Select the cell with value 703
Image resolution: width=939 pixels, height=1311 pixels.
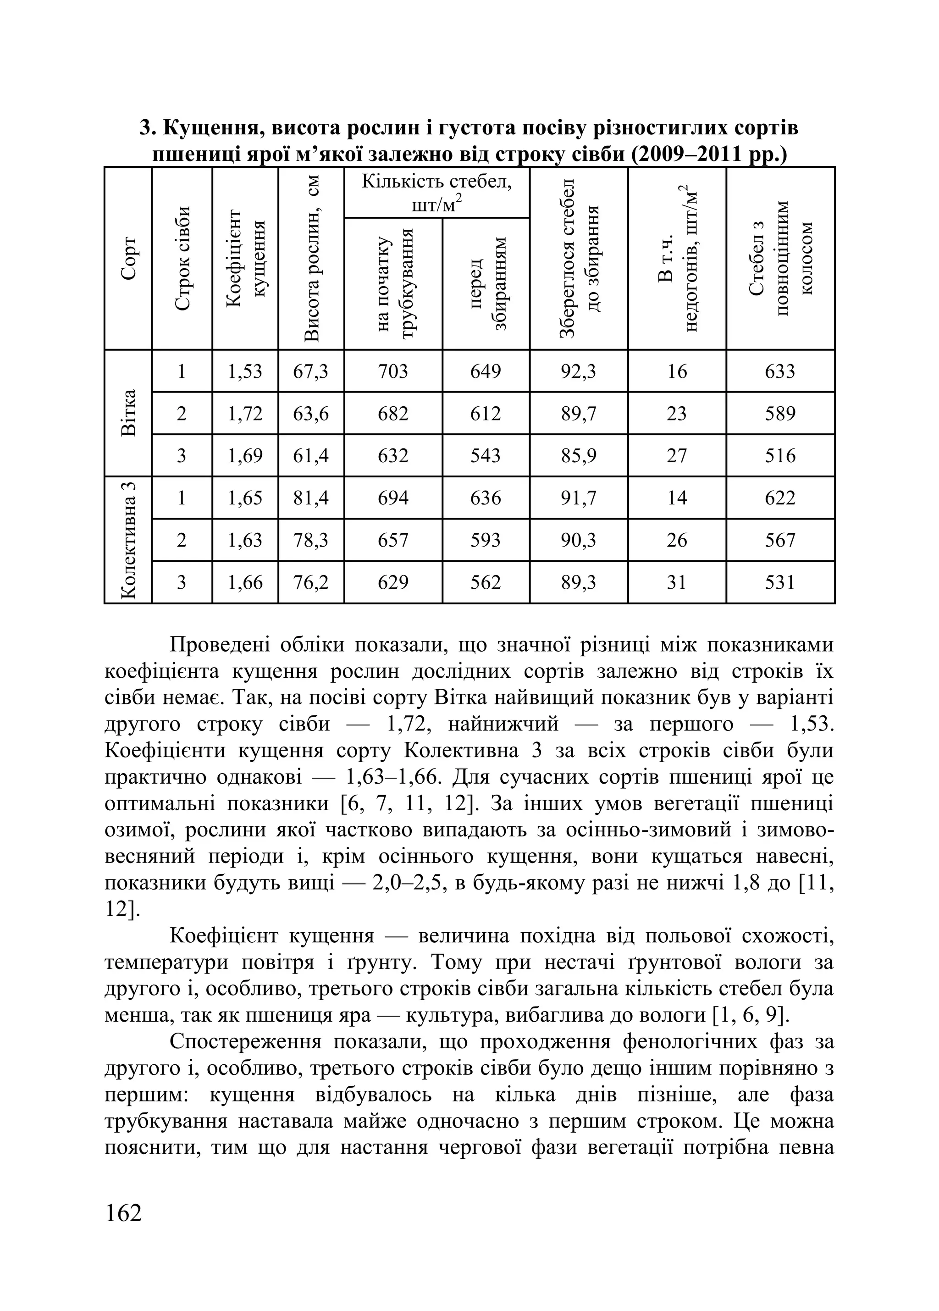[x=393, y=371]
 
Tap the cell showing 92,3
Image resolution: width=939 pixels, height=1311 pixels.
[x=579, y=371]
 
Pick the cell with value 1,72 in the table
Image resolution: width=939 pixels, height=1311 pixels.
[x=245, y=413]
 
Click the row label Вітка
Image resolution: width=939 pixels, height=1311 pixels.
[x=129, y=413]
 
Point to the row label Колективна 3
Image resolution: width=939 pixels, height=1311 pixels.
[x=129, y=539]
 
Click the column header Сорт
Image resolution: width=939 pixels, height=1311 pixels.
[x=129, y=258]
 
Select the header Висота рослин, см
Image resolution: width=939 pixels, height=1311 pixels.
[x=311, y=258]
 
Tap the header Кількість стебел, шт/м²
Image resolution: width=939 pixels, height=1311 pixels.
[x=437, y=193]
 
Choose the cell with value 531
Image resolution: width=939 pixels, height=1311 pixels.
[x=780, y=582]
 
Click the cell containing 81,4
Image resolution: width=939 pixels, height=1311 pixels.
[x=311, y=498]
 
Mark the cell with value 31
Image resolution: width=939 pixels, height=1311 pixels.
[x=677, y=582]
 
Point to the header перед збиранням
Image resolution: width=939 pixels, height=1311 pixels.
[x=486, y=283]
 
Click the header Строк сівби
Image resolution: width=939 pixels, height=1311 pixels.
[x=182, y=258]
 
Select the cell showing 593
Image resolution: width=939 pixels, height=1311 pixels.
[x=486, y=540]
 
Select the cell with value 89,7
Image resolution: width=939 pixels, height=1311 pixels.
[x=579, y=413]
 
